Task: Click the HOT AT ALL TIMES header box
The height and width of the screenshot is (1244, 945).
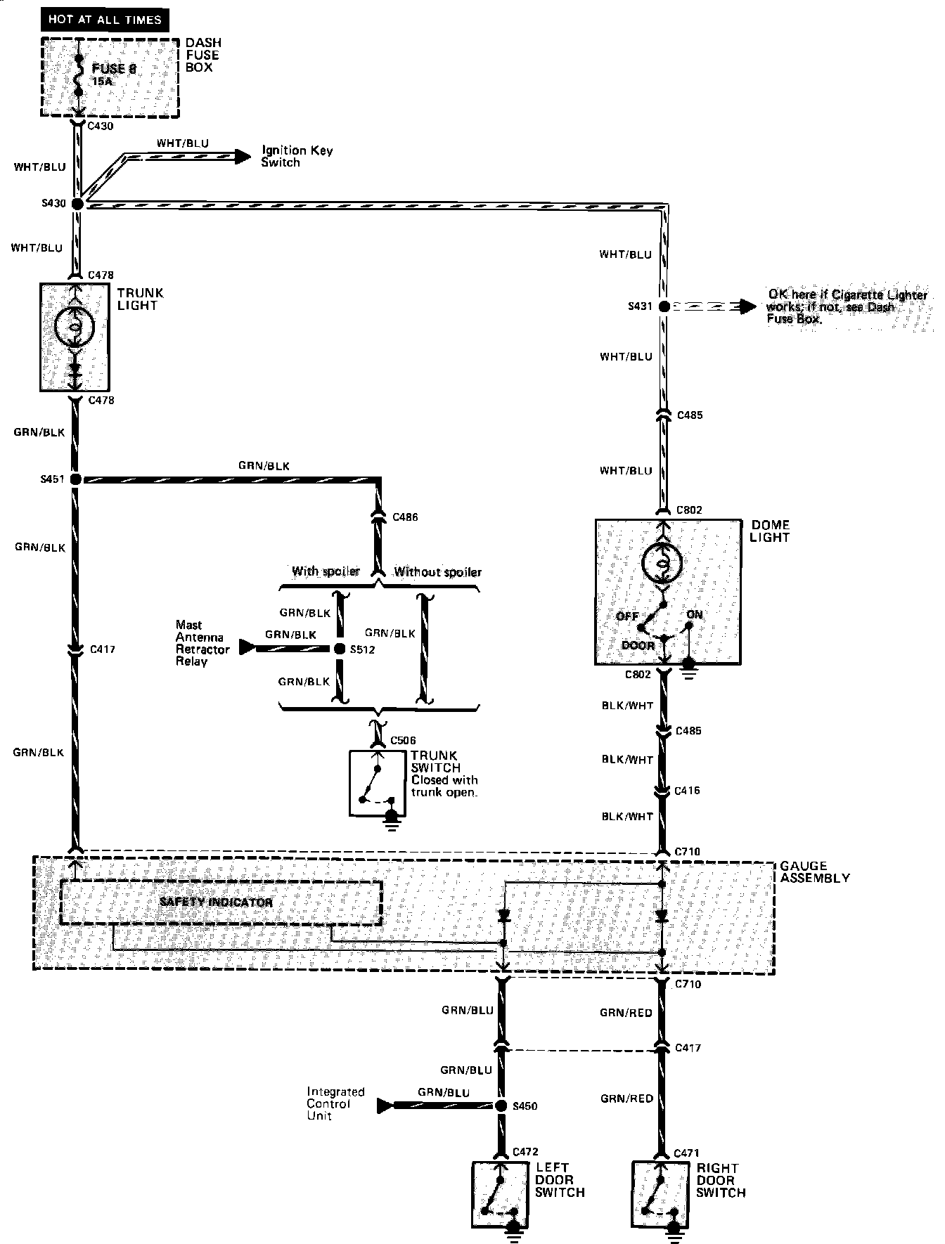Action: tap(105, 19)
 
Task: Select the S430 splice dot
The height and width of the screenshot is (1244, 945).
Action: tap(77, 204)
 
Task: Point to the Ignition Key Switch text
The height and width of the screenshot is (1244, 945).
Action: tap(297, 156)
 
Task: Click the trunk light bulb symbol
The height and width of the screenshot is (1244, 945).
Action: tap(74, 325)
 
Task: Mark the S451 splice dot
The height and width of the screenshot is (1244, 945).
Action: tap(76, 479)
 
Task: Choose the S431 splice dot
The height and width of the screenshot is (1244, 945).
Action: tap(664, 306)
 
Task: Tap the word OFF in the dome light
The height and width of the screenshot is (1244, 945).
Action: tap(627, 616)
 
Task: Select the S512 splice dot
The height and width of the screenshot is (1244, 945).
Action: tap(338, 649)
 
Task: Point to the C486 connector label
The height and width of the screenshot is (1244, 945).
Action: tap(405, 517)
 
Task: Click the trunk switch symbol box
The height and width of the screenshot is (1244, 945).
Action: tap(378, 783)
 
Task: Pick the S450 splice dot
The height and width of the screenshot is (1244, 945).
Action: tap(501, 1106)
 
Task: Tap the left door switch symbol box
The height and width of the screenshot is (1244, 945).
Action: tap(500, 1194)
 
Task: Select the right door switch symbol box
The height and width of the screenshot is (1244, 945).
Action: tap(660, 1194)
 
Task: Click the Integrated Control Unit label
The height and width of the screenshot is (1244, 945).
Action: tap(335, 1104)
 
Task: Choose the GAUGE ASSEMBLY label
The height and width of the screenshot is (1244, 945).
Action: tap(814, 872)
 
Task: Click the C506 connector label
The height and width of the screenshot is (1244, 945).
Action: tap(403, 740)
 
